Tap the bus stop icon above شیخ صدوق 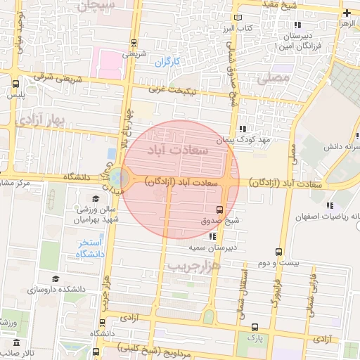[x=219, y=210]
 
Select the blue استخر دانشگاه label [x=90, y=247]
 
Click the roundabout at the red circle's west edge [x=120, y=179]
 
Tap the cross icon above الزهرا [x=347, y=13]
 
